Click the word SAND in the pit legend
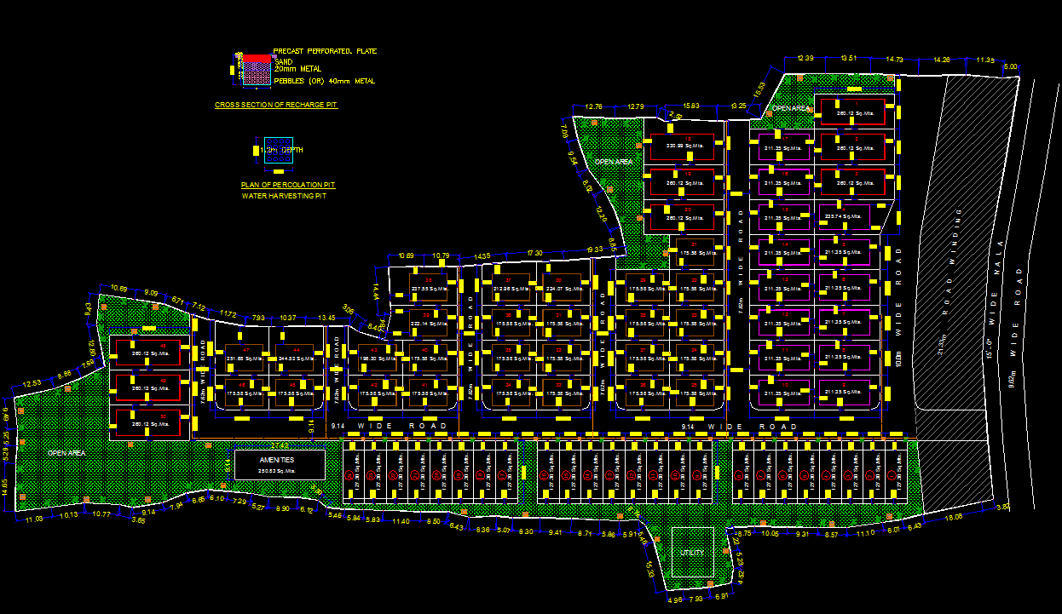click(283, 62)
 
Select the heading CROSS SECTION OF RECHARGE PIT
click(276, 104)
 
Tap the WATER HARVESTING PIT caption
click(284, 196)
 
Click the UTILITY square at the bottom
click(691, 553)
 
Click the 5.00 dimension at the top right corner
click(1011, 66)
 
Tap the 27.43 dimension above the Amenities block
click(279, 445)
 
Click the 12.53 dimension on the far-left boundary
click(32, 383)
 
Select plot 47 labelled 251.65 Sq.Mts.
click(240, 356)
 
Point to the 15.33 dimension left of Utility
click(649, 571)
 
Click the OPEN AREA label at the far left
click(66, 453)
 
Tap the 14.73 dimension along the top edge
click(894, 59)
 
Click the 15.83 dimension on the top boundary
click(690, 106)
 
